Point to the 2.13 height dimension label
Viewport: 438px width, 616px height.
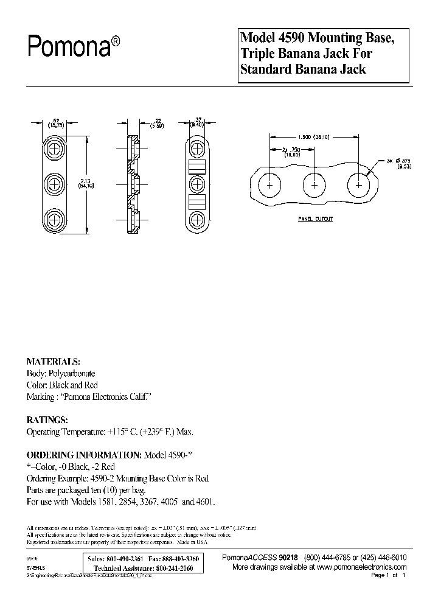88,181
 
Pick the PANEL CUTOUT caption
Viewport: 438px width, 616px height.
315,217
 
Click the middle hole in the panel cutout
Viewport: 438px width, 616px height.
315,184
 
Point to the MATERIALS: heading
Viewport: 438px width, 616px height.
54,360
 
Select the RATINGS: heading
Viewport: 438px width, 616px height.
47,420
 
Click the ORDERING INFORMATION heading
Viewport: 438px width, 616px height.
83,455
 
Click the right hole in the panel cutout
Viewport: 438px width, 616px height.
359,184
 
